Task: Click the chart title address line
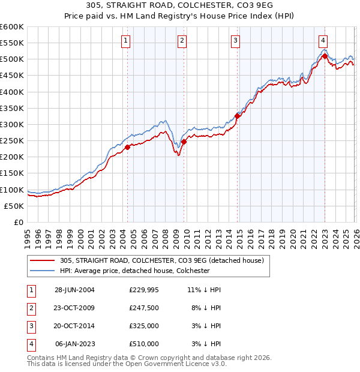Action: pos(180,7)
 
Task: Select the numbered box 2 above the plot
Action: pos(182,41)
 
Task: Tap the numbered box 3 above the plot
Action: pos(236,41)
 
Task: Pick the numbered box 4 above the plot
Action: pos(323,41)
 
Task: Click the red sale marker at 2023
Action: pos(325,56)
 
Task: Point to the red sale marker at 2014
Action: pos(238,116)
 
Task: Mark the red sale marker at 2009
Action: pos(184,142)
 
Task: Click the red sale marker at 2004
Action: pos(128,147)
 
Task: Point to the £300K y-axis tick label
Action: pos(11,125)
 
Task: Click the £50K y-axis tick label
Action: pos(13,206)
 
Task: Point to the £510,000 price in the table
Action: pos(144,344)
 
